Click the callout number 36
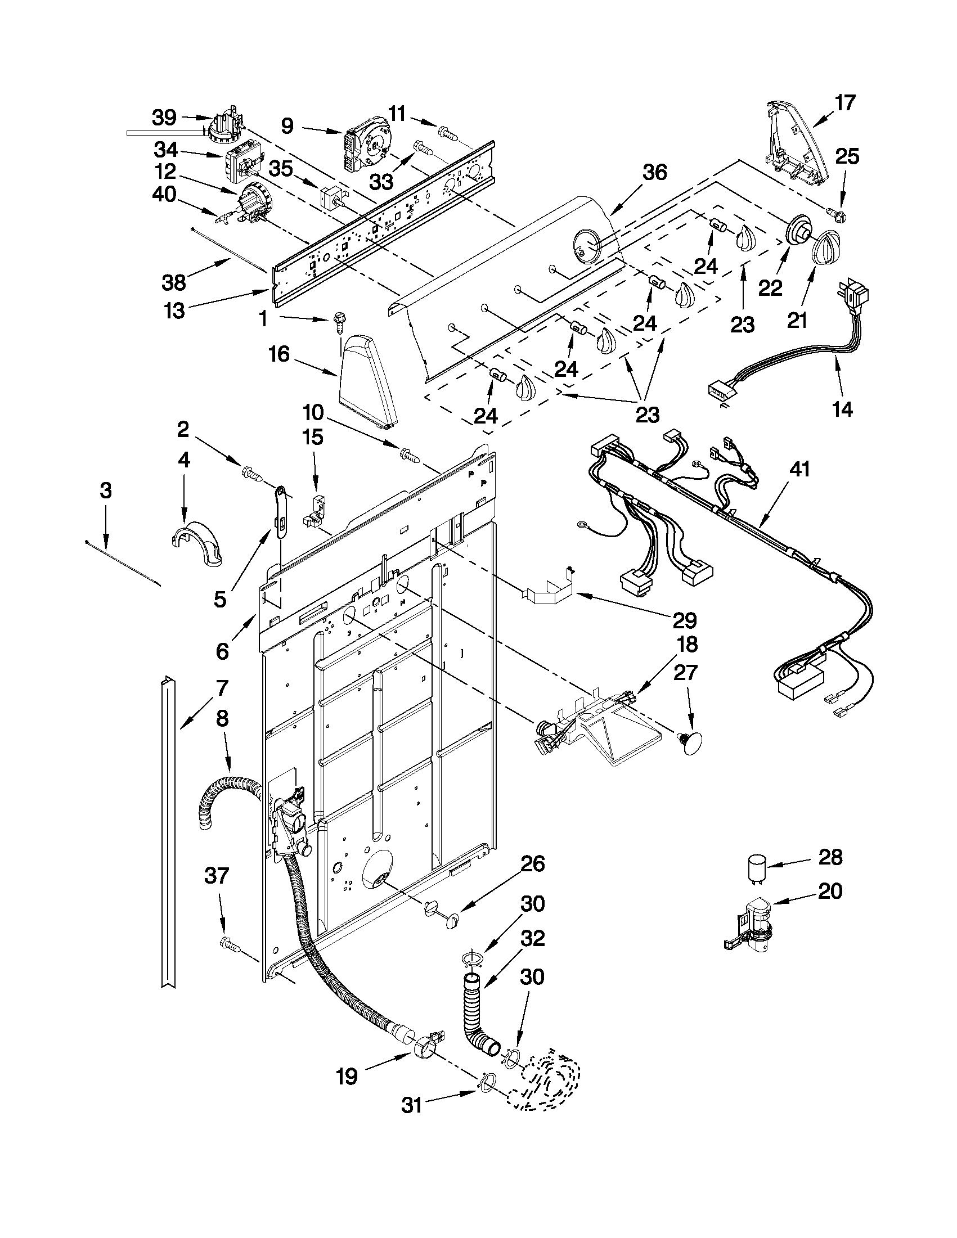pos(654,172)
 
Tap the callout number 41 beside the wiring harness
pos(799,470)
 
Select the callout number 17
pos(844,103)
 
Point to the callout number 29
pos(684,620)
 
